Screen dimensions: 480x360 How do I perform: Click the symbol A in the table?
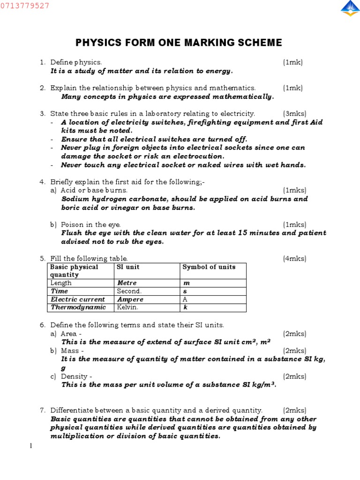(185, 299)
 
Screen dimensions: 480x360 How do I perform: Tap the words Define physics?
(76, 62)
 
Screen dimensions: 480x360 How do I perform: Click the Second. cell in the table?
(129, 291)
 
